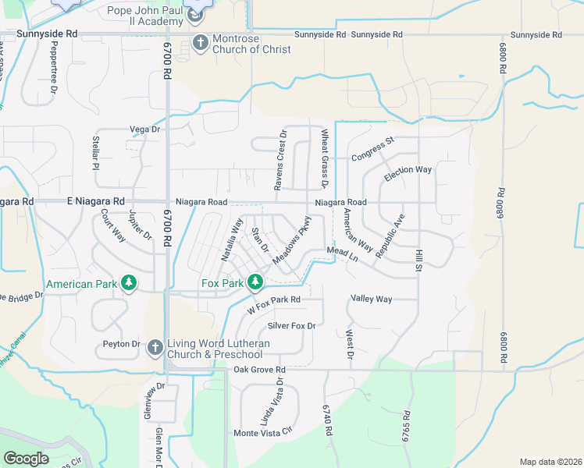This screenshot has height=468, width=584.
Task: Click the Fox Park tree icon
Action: point(255,282)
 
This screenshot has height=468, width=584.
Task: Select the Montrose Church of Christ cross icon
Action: point(201,42)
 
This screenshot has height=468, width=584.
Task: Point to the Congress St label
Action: point(374,146)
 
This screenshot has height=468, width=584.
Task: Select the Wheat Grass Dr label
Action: point(325,158)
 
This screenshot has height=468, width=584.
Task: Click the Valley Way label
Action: point(371,299)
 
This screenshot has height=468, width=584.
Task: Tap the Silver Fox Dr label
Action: point(291,325)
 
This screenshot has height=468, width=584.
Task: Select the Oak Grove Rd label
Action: point(260,369)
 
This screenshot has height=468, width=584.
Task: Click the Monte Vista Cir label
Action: point(262,432)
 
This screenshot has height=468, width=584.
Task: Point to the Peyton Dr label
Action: point(121,344)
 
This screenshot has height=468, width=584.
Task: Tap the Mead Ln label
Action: point(341,253)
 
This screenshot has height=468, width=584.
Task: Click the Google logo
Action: point(26,459)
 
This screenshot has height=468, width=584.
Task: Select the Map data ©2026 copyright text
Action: point(550,462)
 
